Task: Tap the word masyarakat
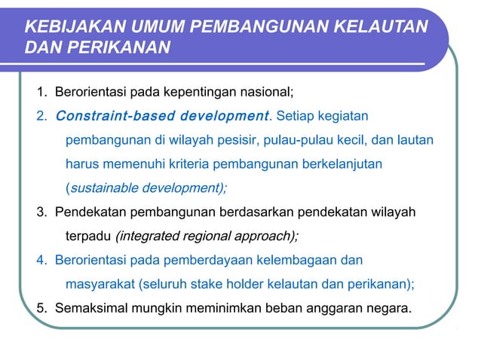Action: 98,284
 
